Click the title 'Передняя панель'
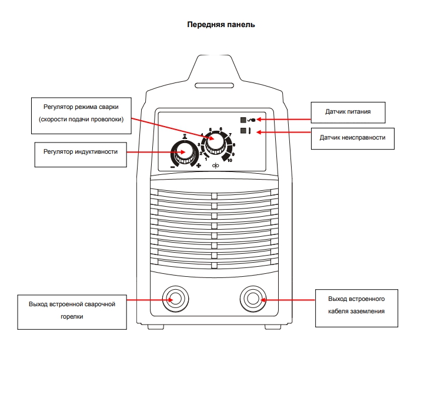[x=220, y=25]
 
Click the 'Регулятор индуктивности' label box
[x=81, y=152]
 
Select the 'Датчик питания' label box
[x=348, y=111]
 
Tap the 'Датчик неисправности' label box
[x=352, y=137]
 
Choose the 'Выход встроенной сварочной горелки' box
[x=72, y=311]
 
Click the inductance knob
[x=185, y=153]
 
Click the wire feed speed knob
[x=216, y=142]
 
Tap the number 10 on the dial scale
[x=229, y=160]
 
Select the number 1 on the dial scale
[x=206, y=159]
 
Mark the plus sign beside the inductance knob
[x=199, y=166]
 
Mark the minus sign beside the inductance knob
[x=173, y=167]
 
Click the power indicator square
[x=243, y=120]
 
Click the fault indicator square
[x=243, y=131]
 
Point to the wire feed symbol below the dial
[x=215, y=167]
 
